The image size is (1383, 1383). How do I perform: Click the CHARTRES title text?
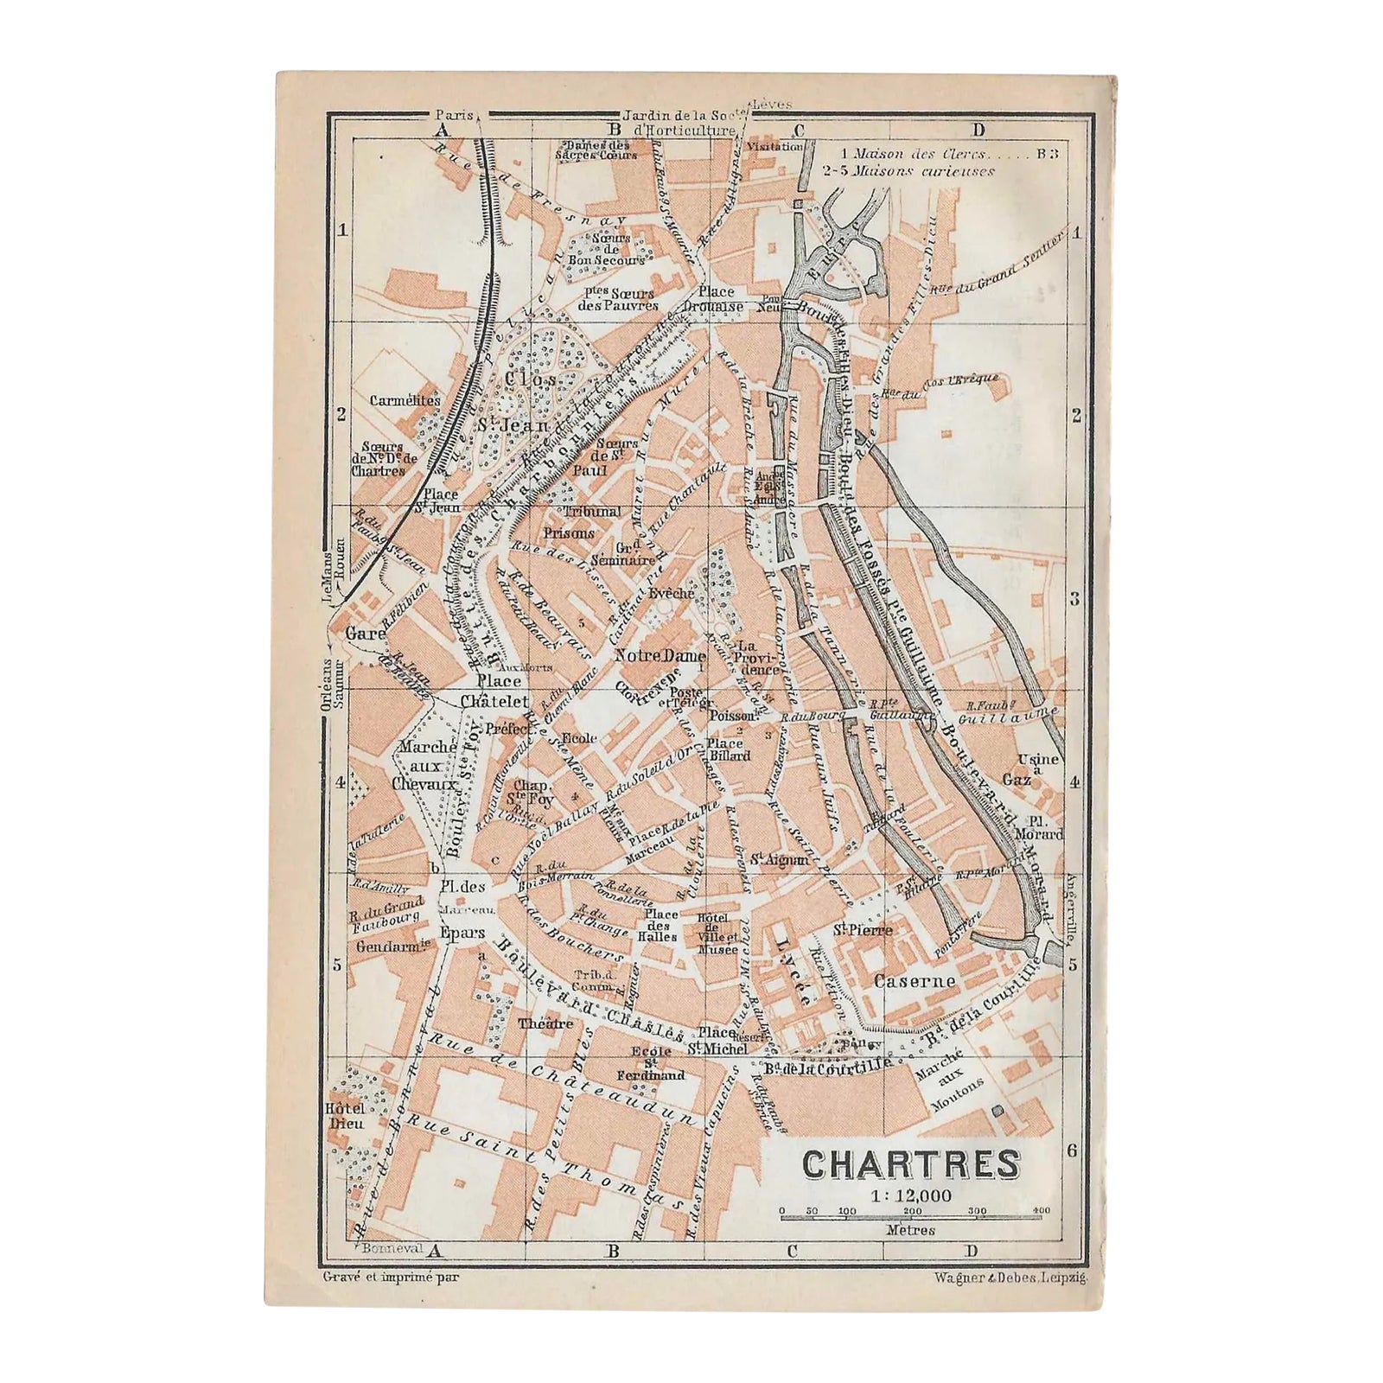(910, 1164)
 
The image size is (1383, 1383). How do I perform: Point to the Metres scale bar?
(910, 1217)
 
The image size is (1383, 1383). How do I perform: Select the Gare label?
(365, 634)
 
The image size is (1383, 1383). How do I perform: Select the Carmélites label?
(405, 400)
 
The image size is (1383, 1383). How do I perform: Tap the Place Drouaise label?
(710, 299)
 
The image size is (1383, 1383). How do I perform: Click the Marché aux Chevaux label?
(427, 766)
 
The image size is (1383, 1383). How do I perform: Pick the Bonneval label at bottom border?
(389, 1248)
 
